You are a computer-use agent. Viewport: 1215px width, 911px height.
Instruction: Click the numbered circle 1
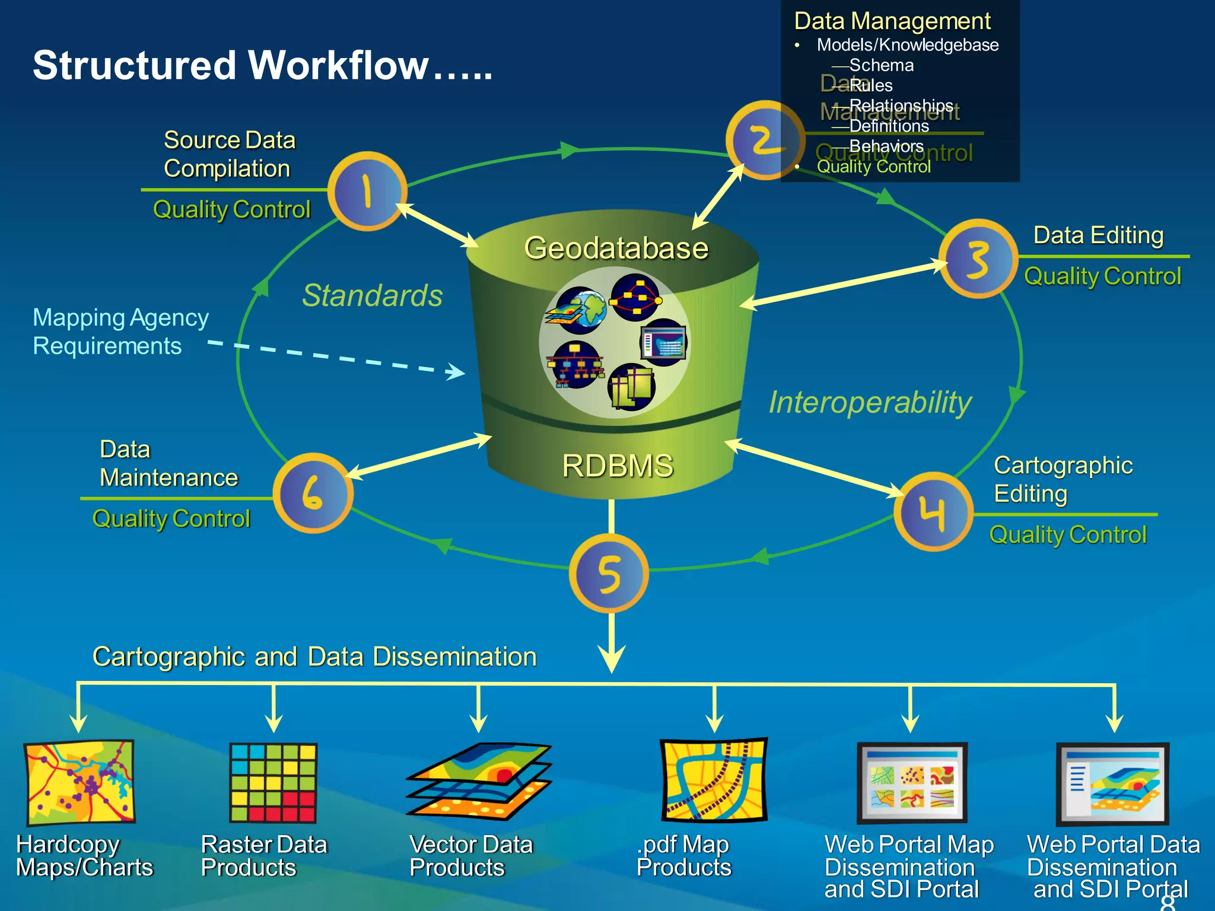click(367, 191)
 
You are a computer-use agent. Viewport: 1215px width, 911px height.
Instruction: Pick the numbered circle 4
click(933, 511)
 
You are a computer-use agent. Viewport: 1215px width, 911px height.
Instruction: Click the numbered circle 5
click(609, 574)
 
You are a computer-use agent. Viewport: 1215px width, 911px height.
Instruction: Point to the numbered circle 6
click(313, 493)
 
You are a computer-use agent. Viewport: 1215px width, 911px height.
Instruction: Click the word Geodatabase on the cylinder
click(616, 248)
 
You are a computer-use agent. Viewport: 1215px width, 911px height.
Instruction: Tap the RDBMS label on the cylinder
click(617, 466)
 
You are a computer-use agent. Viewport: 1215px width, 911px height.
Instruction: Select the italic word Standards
click(372, 295)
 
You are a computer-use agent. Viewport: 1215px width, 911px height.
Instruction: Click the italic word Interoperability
click(870, 403)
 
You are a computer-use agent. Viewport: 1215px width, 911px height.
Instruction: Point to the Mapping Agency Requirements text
click(120, 332)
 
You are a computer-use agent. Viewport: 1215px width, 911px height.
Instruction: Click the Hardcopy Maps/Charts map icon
click(79, 782)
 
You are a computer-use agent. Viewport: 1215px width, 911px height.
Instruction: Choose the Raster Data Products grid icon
click(273, 782)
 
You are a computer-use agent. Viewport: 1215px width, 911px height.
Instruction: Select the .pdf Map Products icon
click(714, 780)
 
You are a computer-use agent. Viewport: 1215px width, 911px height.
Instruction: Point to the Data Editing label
click(1098, 235)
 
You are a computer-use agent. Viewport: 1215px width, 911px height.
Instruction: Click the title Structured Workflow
click(262, 65)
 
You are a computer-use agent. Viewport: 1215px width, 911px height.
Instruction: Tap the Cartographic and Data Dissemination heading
click(314, 657)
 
